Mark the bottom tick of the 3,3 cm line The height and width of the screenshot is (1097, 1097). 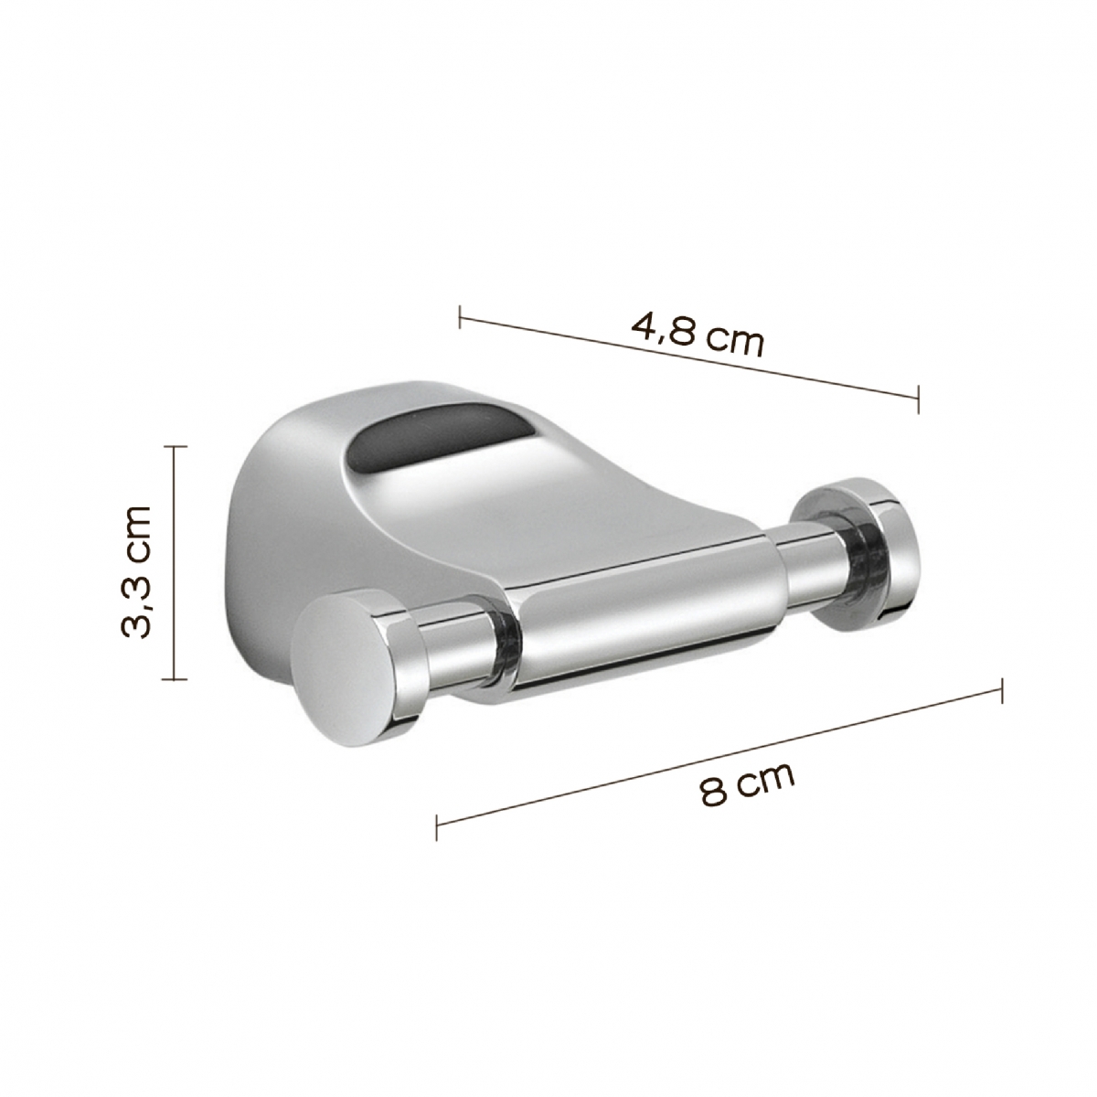pyautogui.click(x=174, y=678)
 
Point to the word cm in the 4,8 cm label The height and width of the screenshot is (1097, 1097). pyautogui.click(x=737, y=343)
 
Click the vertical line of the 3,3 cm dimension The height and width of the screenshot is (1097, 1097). pyautogui.click(x=174, y=562)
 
